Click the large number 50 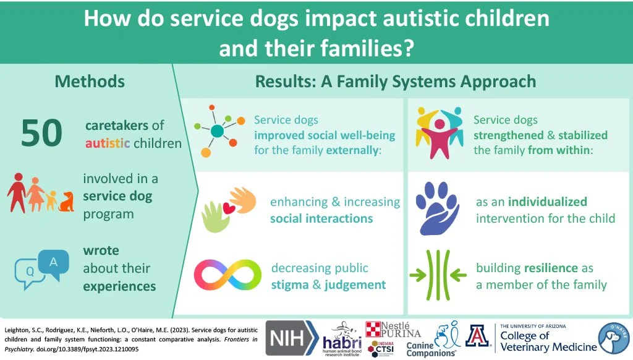pyautogui.click(x=41, y=133)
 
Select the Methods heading pyautogui.click(x=90, y=81)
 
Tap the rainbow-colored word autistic pyautogui.click(x=108, y=144)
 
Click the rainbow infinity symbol pyautogui.click(x=227, y=276)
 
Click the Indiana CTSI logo pyautogui.click(x=383, y=348)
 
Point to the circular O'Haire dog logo pyautogui.click(x=614, y=338)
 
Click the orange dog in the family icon pyautogui.click(x=66, y=201)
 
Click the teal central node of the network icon pyautogui.click(x=216, y=131)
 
